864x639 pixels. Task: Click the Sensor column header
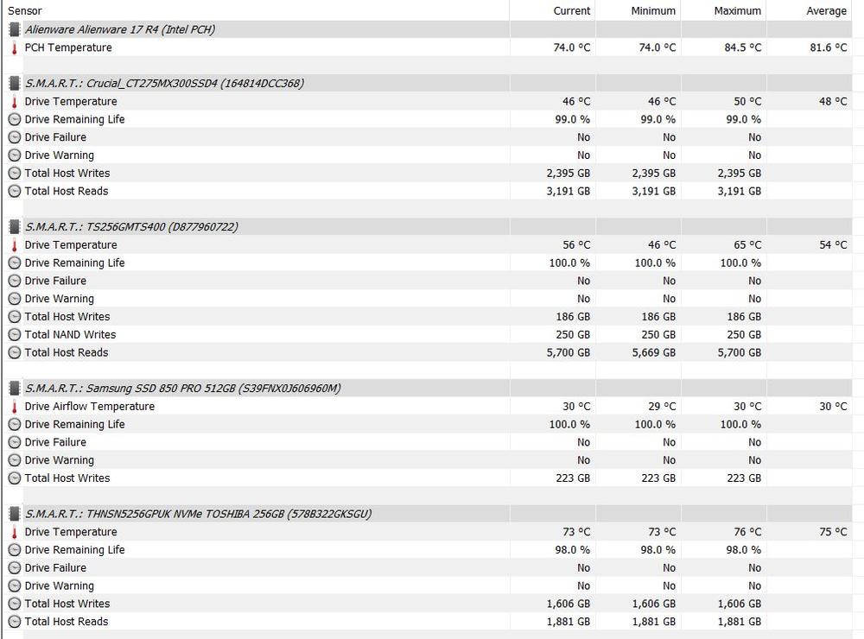coord(25,10)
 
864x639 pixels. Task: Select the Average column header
coord(826,10)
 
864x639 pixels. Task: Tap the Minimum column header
coord(653,10)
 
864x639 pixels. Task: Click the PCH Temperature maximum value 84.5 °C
coord(739,47)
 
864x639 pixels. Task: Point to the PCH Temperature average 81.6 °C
coord(828,47)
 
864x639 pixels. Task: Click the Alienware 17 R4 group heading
coord(120,29)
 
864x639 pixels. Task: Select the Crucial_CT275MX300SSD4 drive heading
coord(164,83)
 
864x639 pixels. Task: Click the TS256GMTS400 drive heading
coord(131,226)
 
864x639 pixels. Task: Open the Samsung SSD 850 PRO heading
coord(182,388)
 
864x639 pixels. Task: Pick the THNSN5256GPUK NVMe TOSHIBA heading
coord(198,514)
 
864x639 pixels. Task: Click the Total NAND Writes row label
coord(70,334)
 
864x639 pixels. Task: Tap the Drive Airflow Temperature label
coord(90,406)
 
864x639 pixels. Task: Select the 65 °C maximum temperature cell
coord(747,244)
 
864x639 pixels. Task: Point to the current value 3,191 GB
coord(568,191)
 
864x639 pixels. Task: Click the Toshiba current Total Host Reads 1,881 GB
coord(568,621)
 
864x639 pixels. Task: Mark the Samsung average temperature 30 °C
coord(833,406)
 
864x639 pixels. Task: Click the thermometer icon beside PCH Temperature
coord(14,47)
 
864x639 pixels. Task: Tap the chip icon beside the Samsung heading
coord(14,388)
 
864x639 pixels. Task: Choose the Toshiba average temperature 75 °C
coord(833,532)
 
